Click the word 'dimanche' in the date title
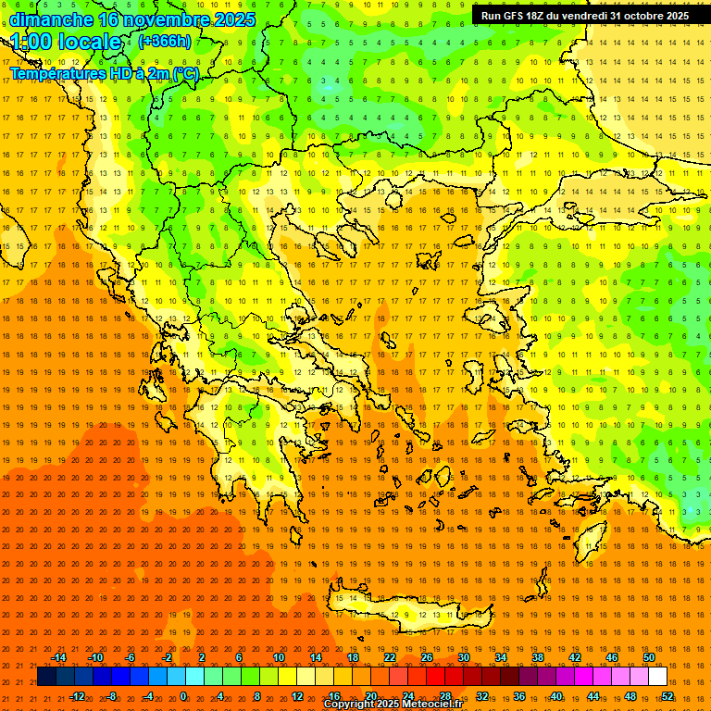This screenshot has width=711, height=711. pos(51,19)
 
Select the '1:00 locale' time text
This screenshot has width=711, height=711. pos(67,42)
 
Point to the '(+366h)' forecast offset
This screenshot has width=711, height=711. pos(165,42)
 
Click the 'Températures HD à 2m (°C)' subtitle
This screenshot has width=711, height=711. pos(104,73)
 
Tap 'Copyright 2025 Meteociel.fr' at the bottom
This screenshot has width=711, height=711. pos(393,705)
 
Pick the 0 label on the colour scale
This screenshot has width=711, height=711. pos(184,696)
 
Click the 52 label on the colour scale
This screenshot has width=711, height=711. pos(667,696)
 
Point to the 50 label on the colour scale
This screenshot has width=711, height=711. pos(649,657)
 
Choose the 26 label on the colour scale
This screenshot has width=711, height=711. pos(427,657)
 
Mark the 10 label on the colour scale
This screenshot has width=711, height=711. pos(279,657)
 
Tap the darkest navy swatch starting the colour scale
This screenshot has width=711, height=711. pos(47,677)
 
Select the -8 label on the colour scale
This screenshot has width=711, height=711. pos(111,696)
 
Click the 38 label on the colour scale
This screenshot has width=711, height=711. pos(538,657)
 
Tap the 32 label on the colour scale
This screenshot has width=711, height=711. pos(481,696)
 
